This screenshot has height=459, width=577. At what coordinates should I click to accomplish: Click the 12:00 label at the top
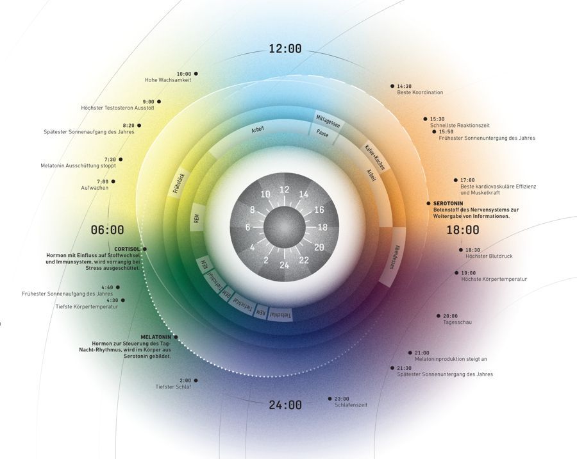(285, 49)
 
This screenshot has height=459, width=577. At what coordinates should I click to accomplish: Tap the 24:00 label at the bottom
(285, 405)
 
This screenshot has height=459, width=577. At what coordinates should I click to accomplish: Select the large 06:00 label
(107, 229)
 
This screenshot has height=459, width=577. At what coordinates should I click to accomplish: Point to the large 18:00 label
(463, 229)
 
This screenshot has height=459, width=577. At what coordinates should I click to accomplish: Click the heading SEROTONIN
(451, 203)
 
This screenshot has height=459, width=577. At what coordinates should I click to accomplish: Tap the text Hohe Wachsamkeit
(168, 80)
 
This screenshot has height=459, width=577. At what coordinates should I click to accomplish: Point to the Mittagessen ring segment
(328, 122)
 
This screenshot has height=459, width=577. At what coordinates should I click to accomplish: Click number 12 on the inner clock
(285, 190)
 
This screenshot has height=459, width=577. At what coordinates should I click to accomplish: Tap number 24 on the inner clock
(285, 265)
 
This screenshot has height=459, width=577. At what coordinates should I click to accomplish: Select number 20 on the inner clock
(319, 247)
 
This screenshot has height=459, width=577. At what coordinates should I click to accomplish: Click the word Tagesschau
(457, 322)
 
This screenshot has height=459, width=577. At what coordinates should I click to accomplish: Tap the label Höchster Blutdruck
(489, 256)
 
